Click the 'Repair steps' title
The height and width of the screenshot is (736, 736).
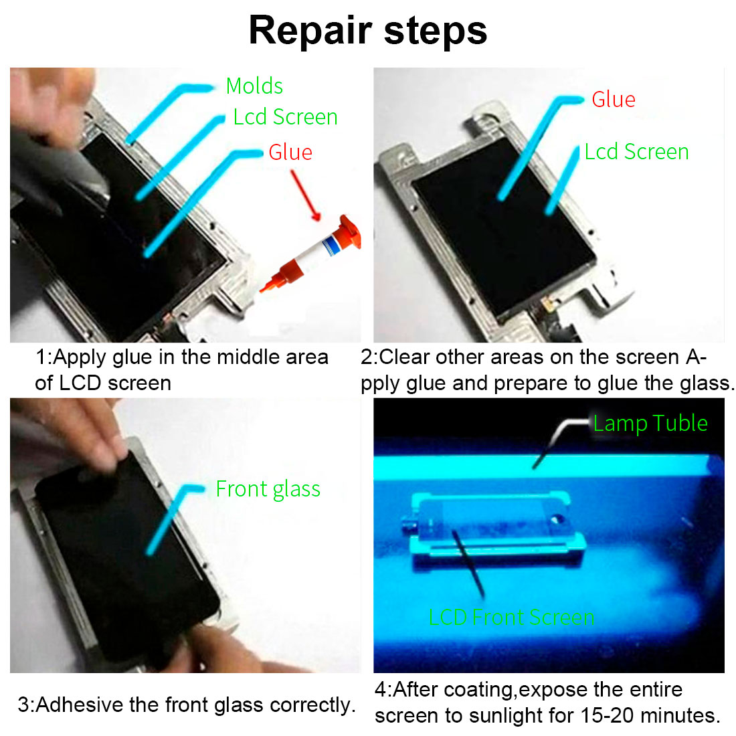pos(368,31)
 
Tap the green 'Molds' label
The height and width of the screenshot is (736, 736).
pos(254,86)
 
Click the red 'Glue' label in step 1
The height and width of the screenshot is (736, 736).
pos(290,153)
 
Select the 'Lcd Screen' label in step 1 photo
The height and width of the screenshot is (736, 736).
pos(286,117)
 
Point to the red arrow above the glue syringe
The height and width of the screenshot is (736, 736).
pos(305,195)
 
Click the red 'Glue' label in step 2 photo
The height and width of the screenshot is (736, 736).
pos(614,100)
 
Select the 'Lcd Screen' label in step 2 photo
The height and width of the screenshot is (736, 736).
pos(636,152)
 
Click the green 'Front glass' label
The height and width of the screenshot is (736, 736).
pos(268,489)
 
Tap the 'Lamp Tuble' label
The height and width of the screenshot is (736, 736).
pos(650,423)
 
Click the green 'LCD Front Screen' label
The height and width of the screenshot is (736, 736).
pos(512,618)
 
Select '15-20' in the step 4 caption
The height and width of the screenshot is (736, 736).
pos(608,715)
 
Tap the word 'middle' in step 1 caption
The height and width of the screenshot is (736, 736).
pos(248,357)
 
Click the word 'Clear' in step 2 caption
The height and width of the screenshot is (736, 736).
pos(404,357)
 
